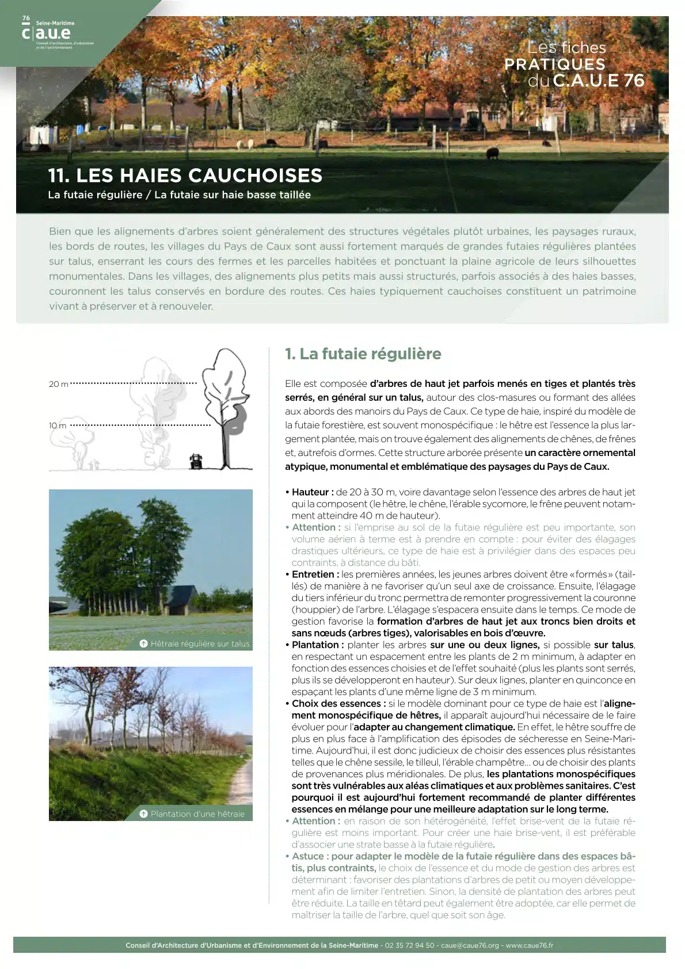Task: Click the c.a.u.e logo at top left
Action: point(46,33)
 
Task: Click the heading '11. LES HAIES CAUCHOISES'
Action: point(185,175)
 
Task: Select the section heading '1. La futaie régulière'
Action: point(363,354)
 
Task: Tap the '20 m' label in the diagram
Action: point(58,384)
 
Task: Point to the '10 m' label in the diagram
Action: point(58,425)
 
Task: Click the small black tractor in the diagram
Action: point(196,461)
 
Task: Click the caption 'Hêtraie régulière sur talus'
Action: point(200,643)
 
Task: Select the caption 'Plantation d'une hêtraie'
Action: point(197,814)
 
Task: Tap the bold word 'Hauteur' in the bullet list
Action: point(310,492)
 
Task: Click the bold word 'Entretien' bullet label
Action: point(313,574)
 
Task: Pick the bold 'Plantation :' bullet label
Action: point(317,644)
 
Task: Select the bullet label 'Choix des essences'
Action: point(336,703)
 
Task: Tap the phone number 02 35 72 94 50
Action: point(409,945)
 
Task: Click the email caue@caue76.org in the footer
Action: point(470,945)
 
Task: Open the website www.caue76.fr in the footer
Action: point(529,945)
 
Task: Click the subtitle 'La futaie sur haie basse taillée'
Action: point(233,195)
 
